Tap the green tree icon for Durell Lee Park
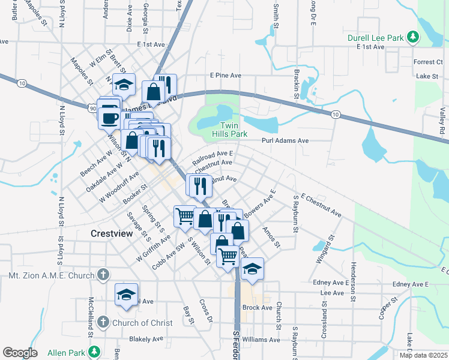[412, 38]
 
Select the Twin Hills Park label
[229, 130]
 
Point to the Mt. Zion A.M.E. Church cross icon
[103, 275]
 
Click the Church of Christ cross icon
[103, 323]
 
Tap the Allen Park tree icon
[93, 350]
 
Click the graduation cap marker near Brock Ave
[252, 270]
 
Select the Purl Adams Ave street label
[285, 140]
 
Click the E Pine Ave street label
[225, 76]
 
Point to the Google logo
[20, 352]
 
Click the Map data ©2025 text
[423, 355]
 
